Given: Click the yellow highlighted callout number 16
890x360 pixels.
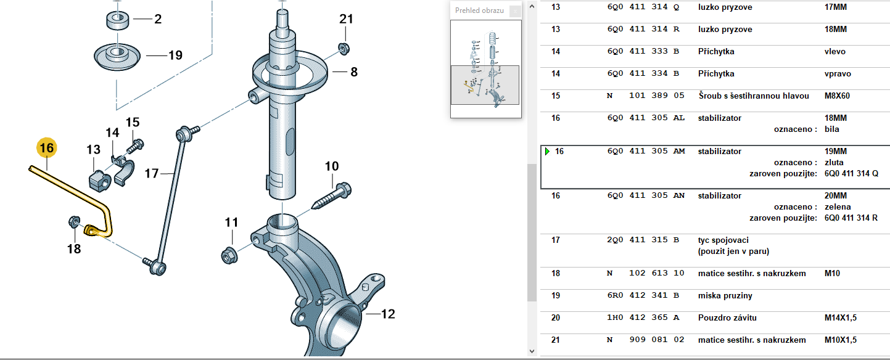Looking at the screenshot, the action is [46, 148].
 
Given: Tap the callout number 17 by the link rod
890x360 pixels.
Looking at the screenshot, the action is [151, 173].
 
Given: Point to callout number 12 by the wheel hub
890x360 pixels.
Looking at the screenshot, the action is [388, 314].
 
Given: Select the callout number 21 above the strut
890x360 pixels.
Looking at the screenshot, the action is [346, 19].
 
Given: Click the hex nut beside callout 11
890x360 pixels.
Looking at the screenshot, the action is [229, 255].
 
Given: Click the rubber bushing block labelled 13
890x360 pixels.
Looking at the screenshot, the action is [100, 181].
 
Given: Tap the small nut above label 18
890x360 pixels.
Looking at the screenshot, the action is [74, 221].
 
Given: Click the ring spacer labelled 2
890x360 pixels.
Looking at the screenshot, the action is [118, 20].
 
